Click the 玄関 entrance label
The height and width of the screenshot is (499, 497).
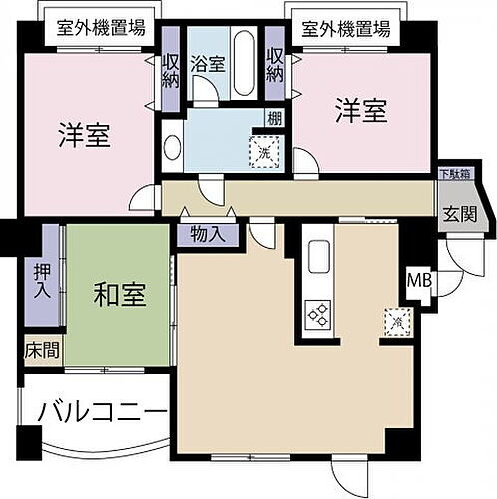(x=460, y=214)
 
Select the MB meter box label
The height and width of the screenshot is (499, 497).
(x=420, y=280)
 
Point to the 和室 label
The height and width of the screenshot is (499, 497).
(x=121, y=295)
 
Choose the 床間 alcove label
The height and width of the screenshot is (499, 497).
(x=37, y=351)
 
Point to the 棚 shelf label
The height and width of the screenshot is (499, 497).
(x=272, y=119)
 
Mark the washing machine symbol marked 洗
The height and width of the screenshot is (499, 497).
(x=265, y=153)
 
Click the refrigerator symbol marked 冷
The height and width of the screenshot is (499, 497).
(x=396, y=321)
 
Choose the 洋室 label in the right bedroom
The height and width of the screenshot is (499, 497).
(x=361, y=111)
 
